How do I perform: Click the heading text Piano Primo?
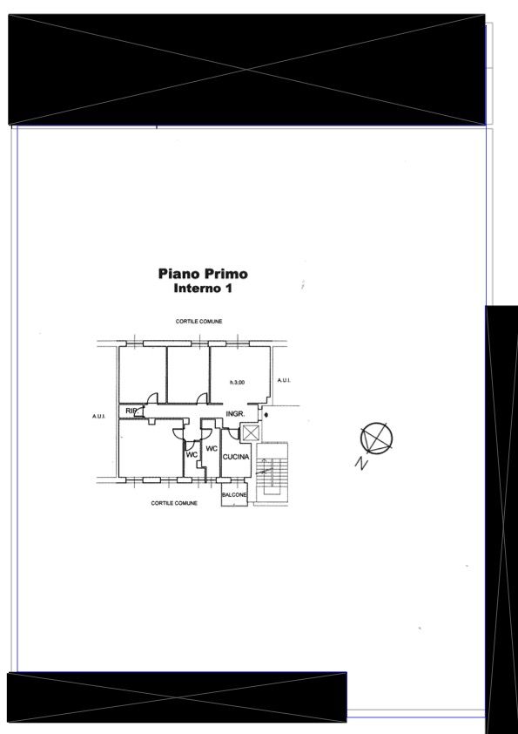point(203,274)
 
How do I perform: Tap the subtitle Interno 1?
point(203,289)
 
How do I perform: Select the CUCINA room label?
point(236,457)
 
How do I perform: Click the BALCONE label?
point(234,495)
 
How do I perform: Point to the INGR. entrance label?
point(235,414)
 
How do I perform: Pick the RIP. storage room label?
point(131,411)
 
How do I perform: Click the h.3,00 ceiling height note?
point(237,383)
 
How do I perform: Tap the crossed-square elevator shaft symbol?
point(251,432)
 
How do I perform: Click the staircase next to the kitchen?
point(272,472)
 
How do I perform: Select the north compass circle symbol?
point(376,438)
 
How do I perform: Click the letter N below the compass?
point(360,463)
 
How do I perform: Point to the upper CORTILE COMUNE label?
point(198,322)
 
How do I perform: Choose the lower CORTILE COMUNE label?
point(174,503)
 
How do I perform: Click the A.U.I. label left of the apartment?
point(98,416)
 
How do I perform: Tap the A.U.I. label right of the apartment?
point(284,380)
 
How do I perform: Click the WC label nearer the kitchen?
point(212,448)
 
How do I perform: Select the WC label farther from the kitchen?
point(192,454)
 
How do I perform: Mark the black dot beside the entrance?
point(266,414)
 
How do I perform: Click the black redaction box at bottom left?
point(177,697)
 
